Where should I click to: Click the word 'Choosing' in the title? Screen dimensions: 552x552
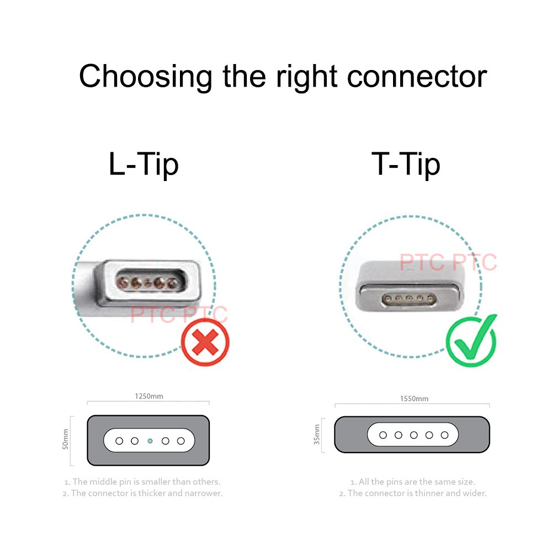(145, 77)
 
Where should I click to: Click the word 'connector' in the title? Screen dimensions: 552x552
(417, 76)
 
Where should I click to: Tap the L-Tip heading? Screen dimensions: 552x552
(144, 164)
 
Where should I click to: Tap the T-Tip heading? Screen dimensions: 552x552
(406, 164)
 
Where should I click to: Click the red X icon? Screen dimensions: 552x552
(205, 342)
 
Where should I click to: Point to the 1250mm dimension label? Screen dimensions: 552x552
(149, 396)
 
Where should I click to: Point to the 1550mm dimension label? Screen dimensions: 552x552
(414, 399)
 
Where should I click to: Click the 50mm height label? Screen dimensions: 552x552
(66, 439)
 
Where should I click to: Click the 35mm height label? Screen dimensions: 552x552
(317, 434)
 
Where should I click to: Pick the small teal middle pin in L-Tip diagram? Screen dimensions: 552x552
(150, 440)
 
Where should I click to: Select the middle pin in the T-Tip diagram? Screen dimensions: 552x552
(413, 435)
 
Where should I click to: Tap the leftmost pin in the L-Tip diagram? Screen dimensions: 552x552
(119, 440)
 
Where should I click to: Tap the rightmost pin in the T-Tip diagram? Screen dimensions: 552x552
(444, 435)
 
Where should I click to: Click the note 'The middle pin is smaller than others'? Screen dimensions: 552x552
(142, 481)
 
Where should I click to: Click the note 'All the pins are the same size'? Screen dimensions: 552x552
(412, 481)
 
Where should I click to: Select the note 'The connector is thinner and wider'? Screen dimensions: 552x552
(412, 493)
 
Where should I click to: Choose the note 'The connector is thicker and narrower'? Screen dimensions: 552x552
(142, 493)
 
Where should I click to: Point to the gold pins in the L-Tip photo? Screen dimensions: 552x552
(148, 282)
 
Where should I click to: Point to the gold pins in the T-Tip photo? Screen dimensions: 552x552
(409, 299)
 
